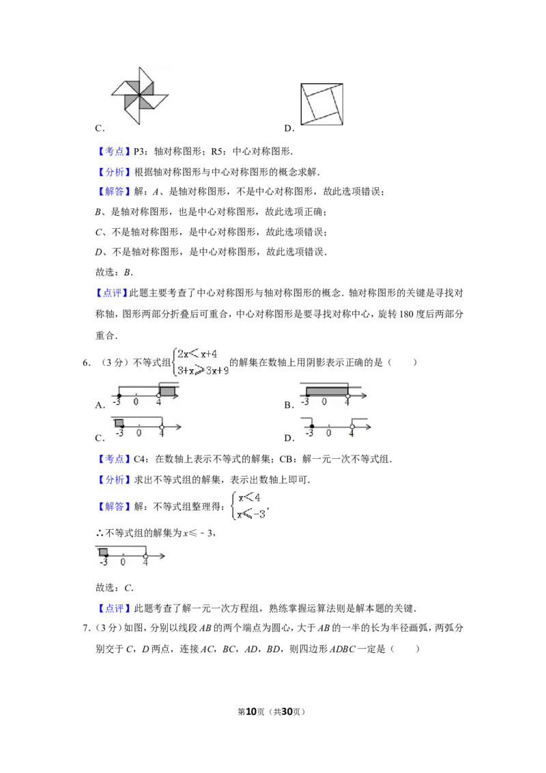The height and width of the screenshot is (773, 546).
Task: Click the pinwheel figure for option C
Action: pos(139,95)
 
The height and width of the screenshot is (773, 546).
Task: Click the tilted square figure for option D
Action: pos(321,104)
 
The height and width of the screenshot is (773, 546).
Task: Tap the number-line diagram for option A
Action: pos(145,393)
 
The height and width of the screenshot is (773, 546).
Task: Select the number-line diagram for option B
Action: pos(333,393)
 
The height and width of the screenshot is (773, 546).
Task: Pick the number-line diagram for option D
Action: pos(336,427)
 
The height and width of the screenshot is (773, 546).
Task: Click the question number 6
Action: pos(86,363)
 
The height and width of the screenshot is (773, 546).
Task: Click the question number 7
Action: pos(86,628)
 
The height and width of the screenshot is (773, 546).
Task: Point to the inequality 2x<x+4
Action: pos(197,354)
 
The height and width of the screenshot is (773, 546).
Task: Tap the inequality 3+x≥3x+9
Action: pos(203,370)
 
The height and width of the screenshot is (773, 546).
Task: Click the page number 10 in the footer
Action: pos(251,712)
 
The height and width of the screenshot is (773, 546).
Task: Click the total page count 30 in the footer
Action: pos(287,712)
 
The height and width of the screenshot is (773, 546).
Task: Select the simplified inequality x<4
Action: pos(249,497)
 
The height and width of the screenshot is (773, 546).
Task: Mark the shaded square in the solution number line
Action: pos(104,552)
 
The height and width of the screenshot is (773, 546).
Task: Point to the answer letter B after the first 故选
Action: pos(127,272)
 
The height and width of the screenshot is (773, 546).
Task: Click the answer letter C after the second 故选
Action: pos(128,588)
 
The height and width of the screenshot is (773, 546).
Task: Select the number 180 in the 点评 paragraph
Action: pos(406,314)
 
